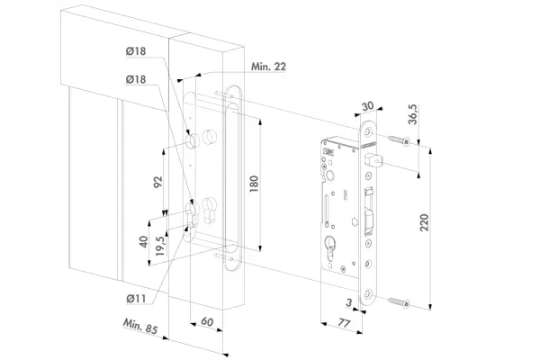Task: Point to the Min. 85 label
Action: pos(140,328)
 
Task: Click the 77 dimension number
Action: pos(345,321)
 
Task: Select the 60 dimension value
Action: pos(207,321)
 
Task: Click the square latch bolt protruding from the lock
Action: pos(376,162)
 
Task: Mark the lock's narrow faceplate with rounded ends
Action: pos(368,216)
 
